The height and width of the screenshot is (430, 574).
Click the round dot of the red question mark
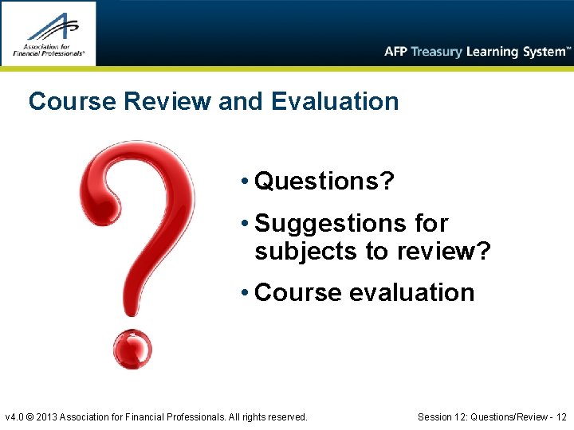(132, 349)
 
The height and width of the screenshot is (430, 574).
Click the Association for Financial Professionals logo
(49, 33)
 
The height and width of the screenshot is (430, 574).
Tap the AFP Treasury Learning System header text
(477, 52)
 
